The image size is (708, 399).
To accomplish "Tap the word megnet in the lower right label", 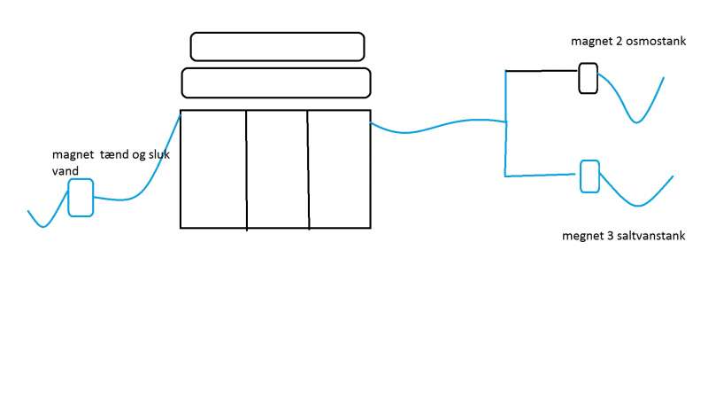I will [x=581, y=236].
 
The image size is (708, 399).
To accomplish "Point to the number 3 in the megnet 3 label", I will [x=607, y=236].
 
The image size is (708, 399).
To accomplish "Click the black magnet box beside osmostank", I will [x=588, y=78].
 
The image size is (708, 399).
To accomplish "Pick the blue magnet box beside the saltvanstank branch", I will [x=589, y=176].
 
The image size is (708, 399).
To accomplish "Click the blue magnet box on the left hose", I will [x=81, y=197].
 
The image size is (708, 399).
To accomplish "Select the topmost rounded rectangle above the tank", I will [x=277, y=46].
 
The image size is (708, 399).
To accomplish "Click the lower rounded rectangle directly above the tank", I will [x=275, y=82].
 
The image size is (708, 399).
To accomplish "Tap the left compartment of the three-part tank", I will [x=213, y=168].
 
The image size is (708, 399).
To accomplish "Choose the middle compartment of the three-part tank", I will [x=277, y=168].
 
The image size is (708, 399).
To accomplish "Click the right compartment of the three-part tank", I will [x=339, y=168].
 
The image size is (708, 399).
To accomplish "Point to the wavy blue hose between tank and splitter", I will [x=434, y=128].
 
